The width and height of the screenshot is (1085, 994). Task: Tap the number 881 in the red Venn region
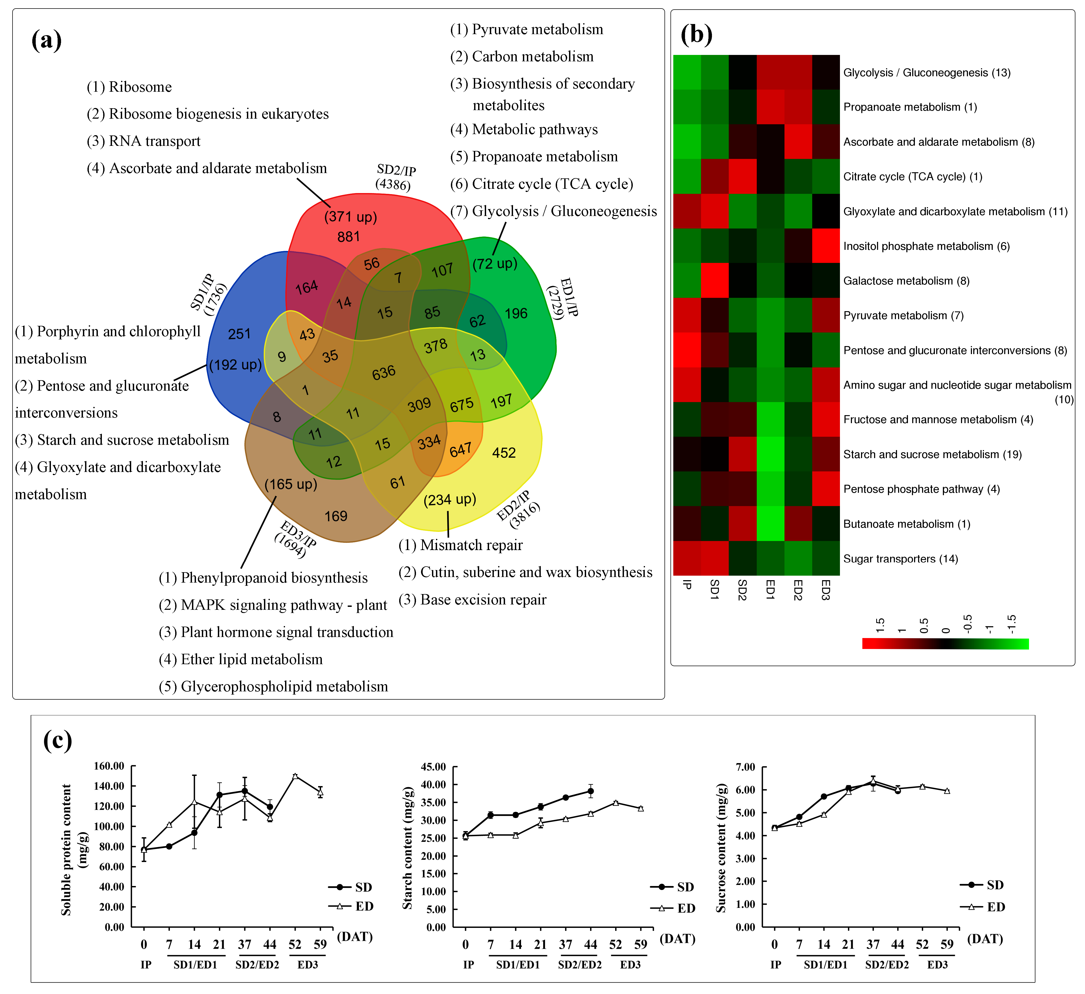pos(348,237)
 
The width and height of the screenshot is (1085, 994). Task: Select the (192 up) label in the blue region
pos(235,365)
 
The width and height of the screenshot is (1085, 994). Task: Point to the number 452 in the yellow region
pos(504,452)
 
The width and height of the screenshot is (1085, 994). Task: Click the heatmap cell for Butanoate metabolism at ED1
pos(770,524)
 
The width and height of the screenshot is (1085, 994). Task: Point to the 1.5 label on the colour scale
pos(880,625)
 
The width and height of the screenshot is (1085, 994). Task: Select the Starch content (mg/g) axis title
pos(408,849)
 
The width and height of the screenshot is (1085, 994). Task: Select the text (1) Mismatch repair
pos(460,545)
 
